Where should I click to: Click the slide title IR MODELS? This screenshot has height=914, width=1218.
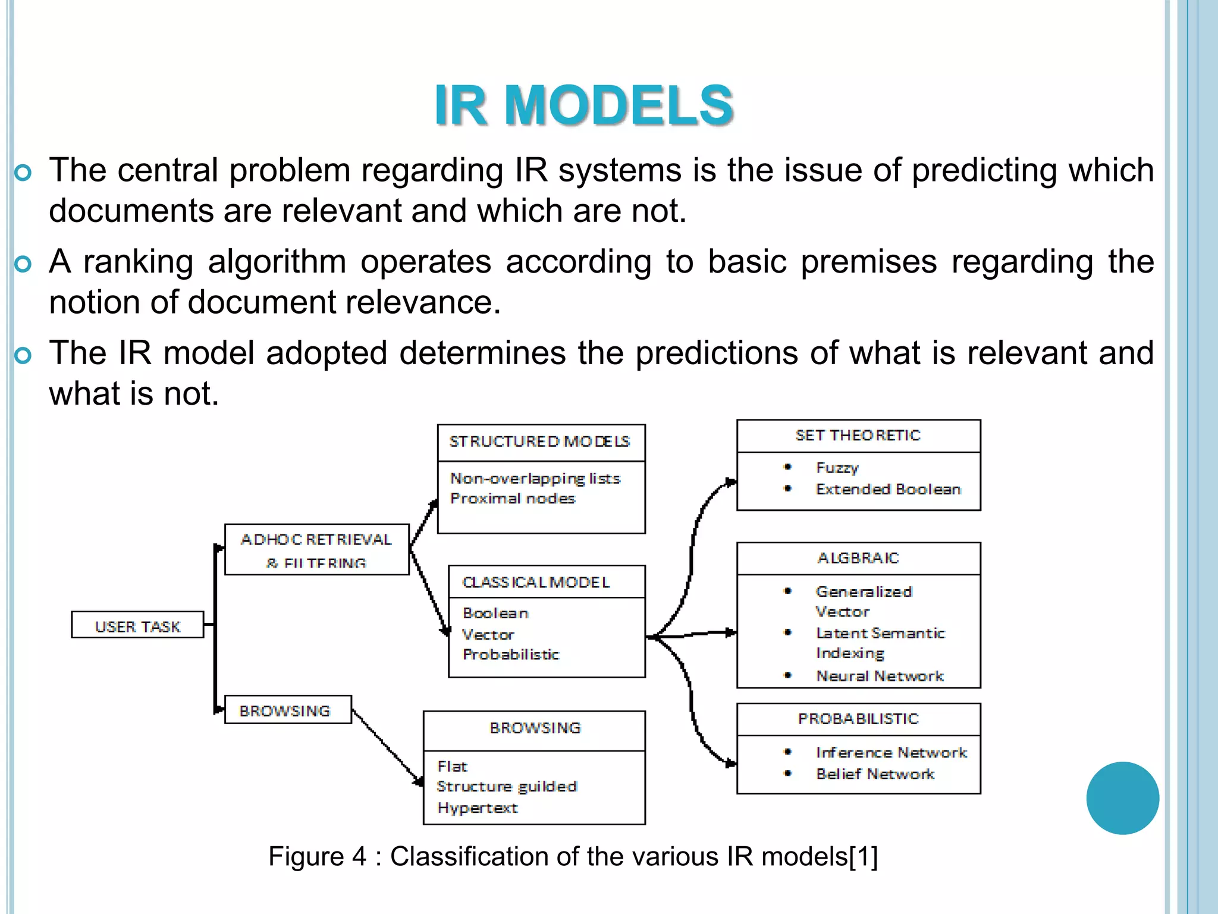(x=583, y=106)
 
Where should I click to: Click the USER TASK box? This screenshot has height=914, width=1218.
(x=137, y=625)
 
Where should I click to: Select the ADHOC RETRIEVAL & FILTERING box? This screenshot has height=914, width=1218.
(x=316, y=549)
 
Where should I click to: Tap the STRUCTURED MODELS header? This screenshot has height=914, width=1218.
(x=540, y=442)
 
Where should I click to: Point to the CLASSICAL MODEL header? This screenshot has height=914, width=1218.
(x=536, y=582)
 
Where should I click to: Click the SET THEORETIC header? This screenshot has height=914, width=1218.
(x=858, y=436)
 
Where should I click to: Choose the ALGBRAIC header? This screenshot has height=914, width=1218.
(x=858, y=558)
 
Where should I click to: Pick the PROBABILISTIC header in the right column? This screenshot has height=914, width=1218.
(x=858, y=719)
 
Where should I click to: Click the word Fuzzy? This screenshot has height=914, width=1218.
(x=837, y=468)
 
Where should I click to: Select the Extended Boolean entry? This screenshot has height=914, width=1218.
(x=888, y=489)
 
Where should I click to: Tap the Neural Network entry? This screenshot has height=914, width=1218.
(x=880, y=676)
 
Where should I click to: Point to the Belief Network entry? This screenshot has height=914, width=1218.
(x=875, y=774)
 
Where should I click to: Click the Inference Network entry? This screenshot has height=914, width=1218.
(x=891, y=753)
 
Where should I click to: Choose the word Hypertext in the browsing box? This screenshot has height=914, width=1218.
(x=478, y=807)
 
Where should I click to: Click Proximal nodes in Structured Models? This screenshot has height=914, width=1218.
(x=513, y=499)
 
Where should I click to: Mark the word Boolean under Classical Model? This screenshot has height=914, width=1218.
(x=495, y=613)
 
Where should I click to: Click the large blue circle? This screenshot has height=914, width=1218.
(x=1122, y=798)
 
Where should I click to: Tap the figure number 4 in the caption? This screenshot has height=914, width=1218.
(x=359, y=856)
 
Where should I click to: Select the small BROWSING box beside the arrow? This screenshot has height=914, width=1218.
(x=288, y=710)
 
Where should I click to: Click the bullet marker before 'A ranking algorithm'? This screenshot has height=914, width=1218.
(x=23, y=264)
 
